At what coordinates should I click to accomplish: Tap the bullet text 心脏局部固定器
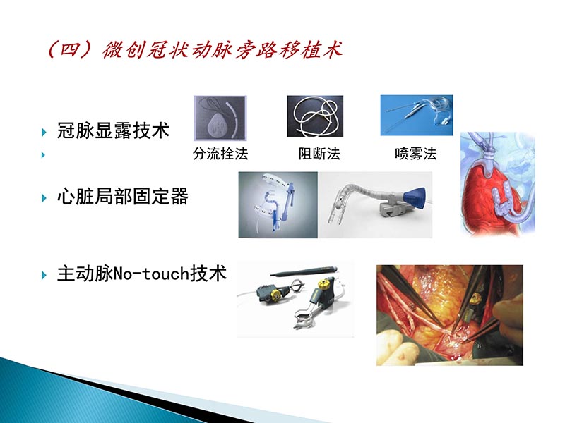point(123,197)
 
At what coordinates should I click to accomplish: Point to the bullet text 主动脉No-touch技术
point(141,273)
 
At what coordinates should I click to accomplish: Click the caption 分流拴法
point(220,154)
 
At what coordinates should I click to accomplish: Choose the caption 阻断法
point(319,154)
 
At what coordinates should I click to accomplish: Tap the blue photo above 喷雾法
point(417,116)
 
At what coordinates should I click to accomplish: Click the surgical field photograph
point(449,315)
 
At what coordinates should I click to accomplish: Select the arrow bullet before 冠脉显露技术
point(44,131)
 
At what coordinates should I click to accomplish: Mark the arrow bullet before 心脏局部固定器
point(44,197)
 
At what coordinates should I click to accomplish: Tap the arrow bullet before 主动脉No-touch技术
point(44,274)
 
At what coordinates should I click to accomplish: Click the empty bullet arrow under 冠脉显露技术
point(44,154)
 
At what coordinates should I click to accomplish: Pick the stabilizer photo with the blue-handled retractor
point(278,204)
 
